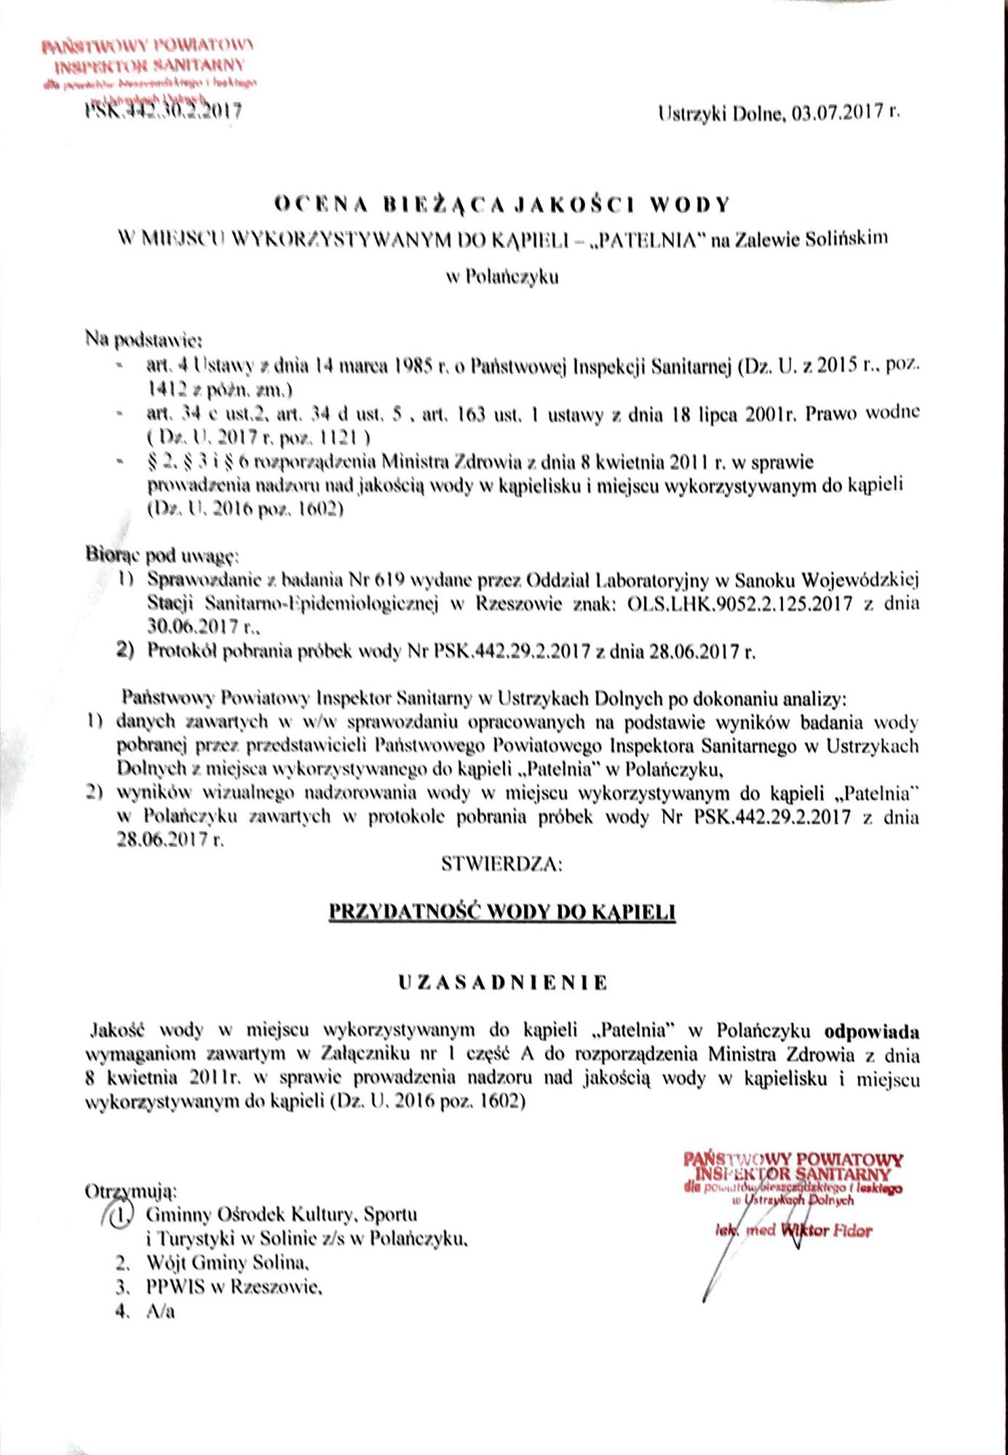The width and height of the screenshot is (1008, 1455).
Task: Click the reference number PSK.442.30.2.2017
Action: (163, 111)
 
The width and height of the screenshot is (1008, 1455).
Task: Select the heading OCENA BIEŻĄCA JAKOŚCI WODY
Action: (501, 205)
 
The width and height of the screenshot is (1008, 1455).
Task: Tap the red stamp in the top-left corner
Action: (149, 71)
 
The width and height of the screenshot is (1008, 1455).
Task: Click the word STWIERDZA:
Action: (501, 865)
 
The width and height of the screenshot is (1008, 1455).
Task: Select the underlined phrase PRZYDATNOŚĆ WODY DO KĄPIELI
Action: (502, 912)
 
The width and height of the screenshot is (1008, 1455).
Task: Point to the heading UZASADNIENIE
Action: (502, 983)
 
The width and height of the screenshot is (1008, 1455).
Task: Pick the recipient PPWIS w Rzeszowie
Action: (233, 1287)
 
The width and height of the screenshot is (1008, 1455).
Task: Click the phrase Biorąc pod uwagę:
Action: (162, 557)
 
